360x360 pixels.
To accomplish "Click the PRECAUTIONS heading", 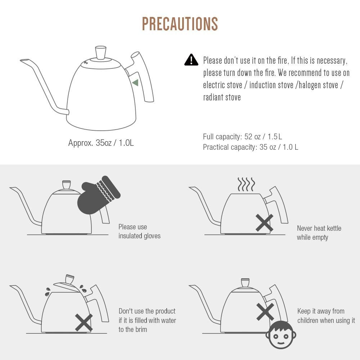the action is click(180, 24).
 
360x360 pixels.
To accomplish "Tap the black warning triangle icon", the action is click(191, 60).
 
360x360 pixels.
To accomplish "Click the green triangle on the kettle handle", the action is click(135, 83).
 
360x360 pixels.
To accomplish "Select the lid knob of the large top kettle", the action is click(101, 53).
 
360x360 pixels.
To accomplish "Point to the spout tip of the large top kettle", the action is click(23, 60).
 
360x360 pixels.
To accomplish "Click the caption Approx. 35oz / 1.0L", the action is click(101, 143).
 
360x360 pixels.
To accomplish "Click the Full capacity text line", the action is click(242, 136).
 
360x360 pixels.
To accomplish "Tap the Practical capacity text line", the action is click(251, 147).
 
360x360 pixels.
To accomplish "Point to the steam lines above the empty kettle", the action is click(246, 184).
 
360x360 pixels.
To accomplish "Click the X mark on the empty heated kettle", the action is click(265, 223).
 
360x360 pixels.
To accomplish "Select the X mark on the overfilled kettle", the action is click(84, 323).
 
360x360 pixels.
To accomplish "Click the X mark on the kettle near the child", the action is click(265, 311).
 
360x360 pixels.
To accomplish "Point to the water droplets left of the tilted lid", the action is click(48, 292).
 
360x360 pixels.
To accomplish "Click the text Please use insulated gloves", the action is click(139, 231).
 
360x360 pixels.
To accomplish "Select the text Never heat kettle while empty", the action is click(319, 233).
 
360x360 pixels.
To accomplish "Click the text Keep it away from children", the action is click(326, 316).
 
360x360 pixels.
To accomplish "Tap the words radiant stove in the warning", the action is click(222, 97).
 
